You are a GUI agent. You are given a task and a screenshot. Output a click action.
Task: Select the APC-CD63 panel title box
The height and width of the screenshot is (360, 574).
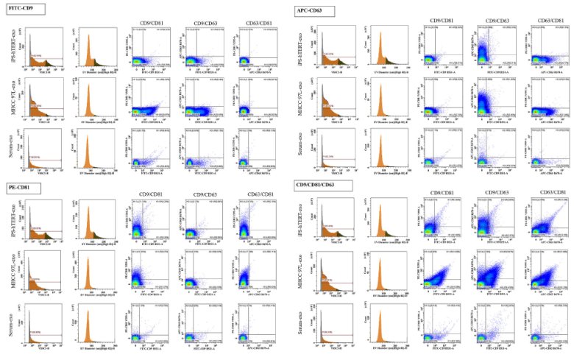314,10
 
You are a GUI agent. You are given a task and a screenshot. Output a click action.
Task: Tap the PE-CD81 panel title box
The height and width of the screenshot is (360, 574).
21,188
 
